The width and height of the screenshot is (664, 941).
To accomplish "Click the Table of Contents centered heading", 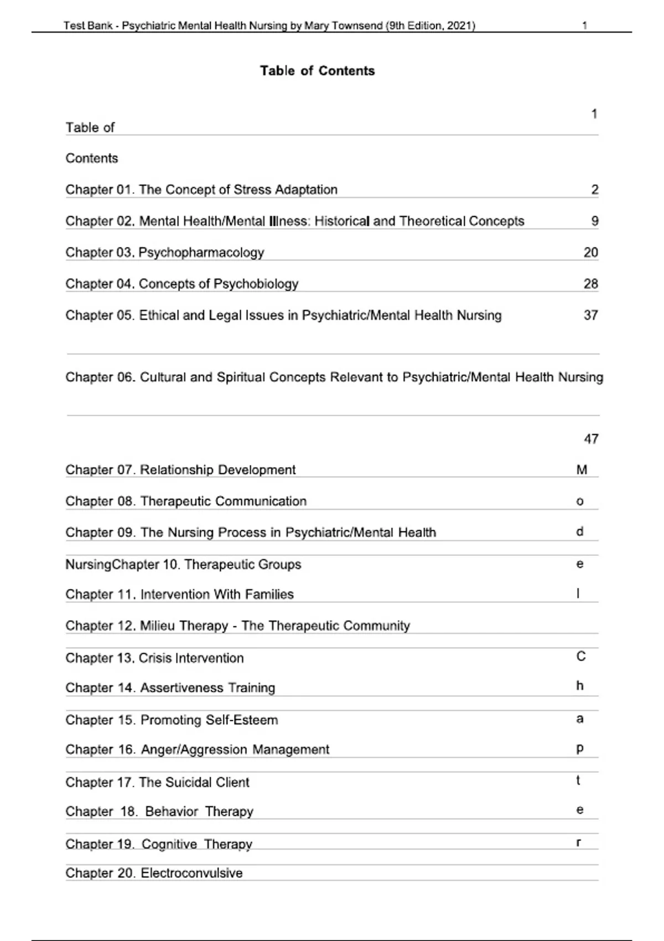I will tap(317, 71).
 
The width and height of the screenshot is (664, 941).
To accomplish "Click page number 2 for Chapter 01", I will tap(595, 190).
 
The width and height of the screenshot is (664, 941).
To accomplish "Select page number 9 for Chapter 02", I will tap(595, 221).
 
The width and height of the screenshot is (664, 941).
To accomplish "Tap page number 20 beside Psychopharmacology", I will tap(590, 252).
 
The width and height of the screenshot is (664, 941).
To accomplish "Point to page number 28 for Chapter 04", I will tap(590, 284).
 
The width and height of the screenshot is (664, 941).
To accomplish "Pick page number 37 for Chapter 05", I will tap(590, 316).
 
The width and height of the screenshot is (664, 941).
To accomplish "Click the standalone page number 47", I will tap(591, 439).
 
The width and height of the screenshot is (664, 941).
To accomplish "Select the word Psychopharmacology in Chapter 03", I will tap(201, 253).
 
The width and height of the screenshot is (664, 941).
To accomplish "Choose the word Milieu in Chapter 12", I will tap(157, 626).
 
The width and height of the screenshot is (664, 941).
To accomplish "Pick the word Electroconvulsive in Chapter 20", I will tap(191, 873).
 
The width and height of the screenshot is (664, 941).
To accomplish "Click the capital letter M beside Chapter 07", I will tap(582, 470).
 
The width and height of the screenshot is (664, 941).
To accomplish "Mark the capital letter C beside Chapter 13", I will tap(581, 656).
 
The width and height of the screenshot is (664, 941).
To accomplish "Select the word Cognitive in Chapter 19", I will tap(169, 844).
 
